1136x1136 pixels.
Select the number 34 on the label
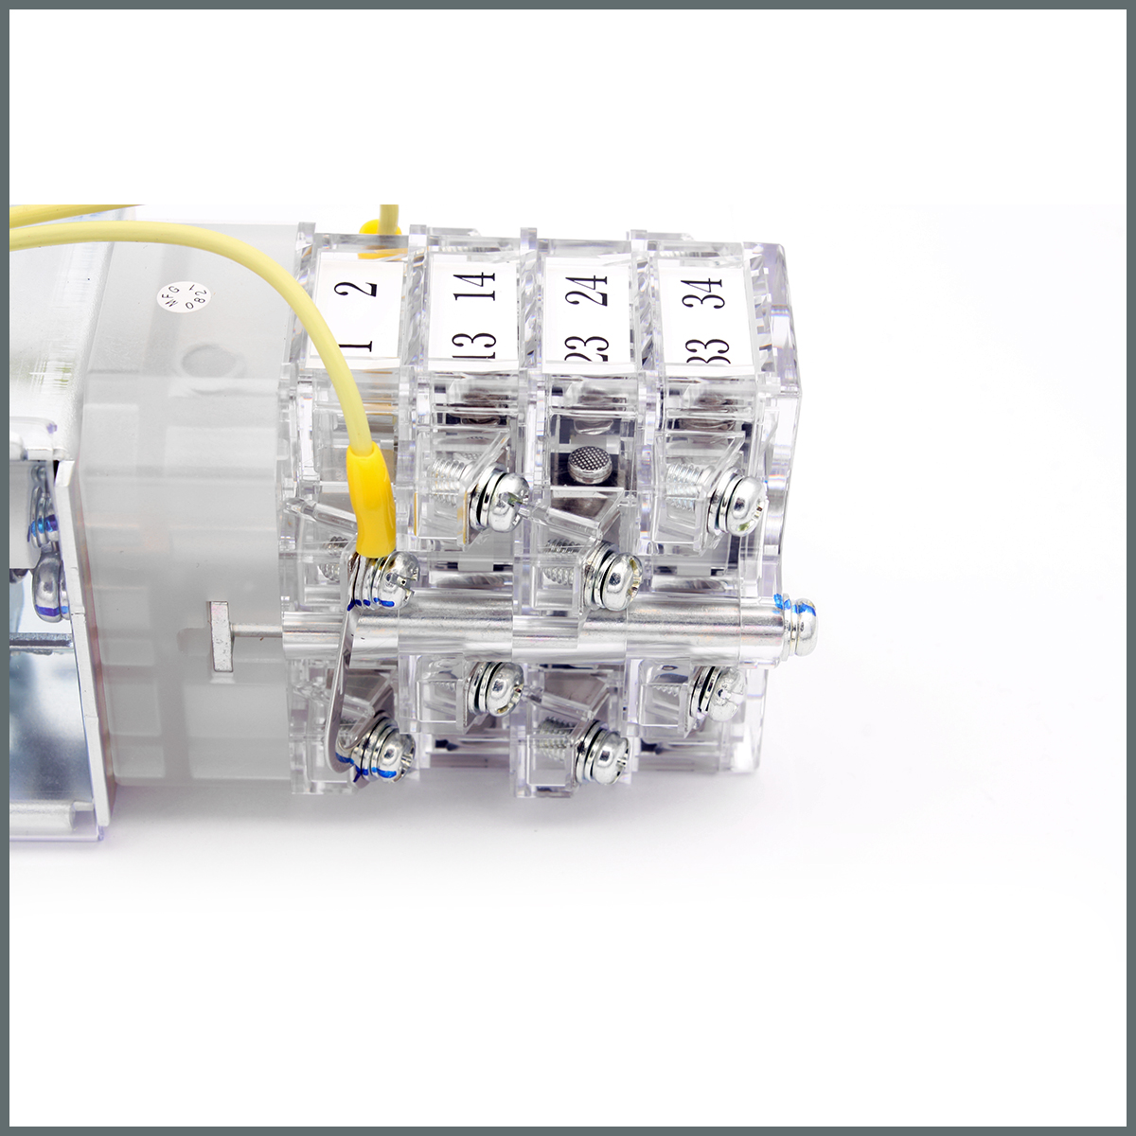coord(704,288)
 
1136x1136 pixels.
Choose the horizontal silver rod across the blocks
coord(568,622)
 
